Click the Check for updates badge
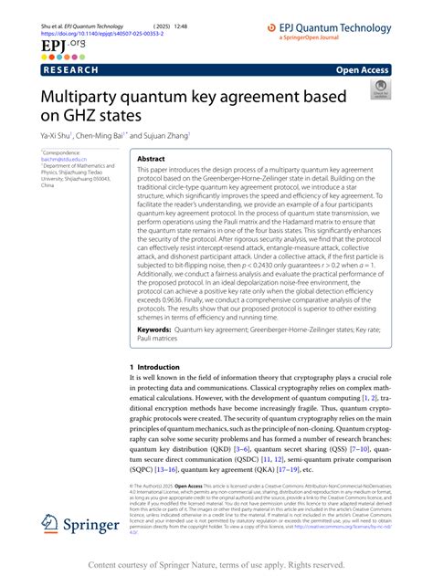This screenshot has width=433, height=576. pos(379,89)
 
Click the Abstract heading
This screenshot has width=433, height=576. pos(151,158)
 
